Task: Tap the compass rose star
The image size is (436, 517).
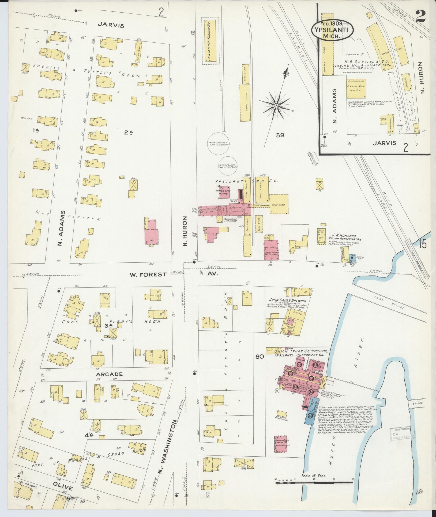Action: [x=276, y=106]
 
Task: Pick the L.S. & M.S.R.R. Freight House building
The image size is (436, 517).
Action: [x=210, y=41]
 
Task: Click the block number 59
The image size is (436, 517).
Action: [x=280, y=135]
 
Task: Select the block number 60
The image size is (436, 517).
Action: [x=260, y=357]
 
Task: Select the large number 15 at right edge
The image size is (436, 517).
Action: [x=423, y=244]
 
